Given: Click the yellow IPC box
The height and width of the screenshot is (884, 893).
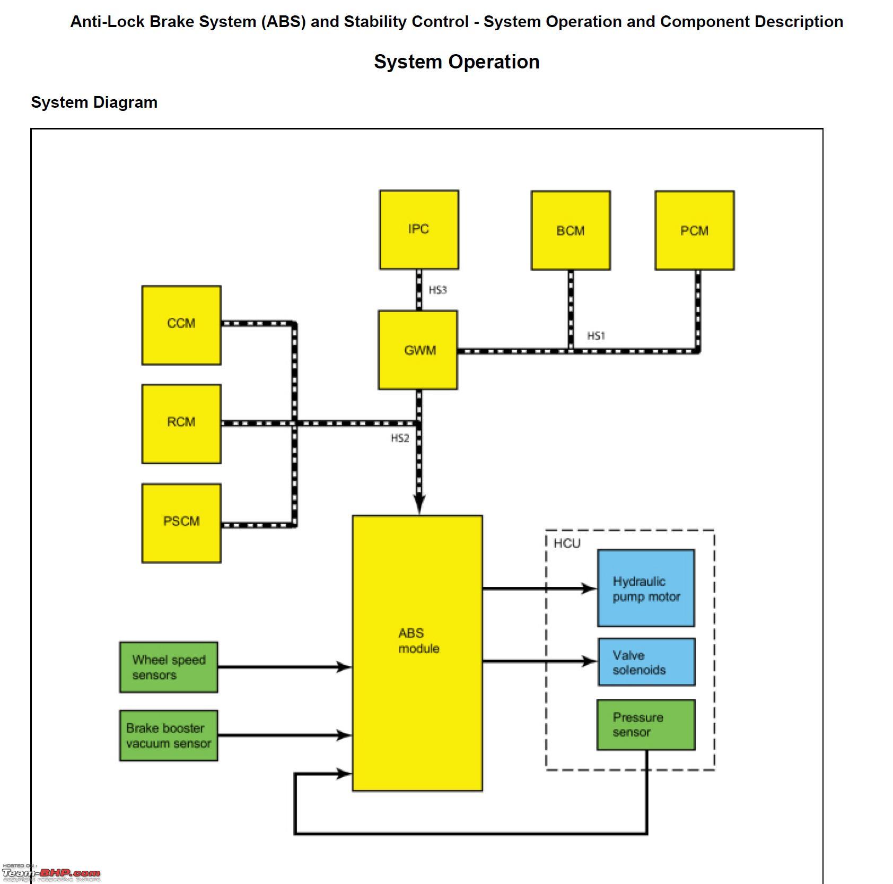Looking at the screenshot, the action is pyautogui.click(x=419, y=230).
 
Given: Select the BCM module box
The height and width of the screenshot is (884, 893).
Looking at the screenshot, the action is pyautogui.click(x=571, y=231).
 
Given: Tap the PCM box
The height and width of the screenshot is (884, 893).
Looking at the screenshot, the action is pyautogui.click(x=695, y=231).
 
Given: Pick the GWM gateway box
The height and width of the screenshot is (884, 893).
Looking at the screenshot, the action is pyautogui.click(x=418, y=350).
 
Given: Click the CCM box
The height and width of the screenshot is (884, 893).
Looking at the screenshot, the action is pyautogui.click(x=181, y=325).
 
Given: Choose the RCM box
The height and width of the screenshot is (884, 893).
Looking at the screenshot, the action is pyautogui.click(x=181, y=424).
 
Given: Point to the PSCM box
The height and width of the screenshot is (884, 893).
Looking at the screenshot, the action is pyautogui.click(x=181, y=523).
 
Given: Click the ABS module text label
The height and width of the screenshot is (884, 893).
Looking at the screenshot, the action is pyautogui.click(x=419, y=640).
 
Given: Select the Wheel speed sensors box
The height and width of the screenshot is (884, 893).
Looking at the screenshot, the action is pyautogui.click(x=169, y=667).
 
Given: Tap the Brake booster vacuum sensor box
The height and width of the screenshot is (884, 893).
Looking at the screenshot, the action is pyautogui.click(x=169, y=735).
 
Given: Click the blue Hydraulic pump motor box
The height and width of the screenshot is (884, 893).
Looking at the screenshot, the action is pyautogui.click(x=646, y=588).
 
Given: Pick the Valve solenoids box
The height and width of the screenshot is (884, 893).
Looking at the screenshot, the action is pyautogui.click(x=646, y=662).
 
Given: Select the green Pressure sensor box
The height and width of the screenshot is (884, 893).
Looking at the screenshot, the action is pyautogui.click(x=646, y=725).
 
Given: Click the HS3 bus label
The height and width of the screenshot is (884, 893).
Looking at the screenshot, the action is pyautogui.click(x=438, y=290).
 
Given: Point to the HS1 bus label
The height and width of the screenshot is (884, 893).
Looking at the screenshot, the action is pyautogui.click(x=596, y=336).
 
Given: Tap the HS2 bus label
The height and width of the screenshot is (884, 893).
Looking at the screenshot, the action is pyautogui.click(x=400, y=438).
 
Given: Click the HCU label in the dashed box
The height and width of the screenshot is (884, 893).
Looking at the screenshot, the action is pyautogui.click(x=567, y=543).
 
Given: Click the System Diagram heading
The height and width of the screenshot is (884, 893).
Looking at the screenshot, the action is pyautogui.click(x=94, y=102).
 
